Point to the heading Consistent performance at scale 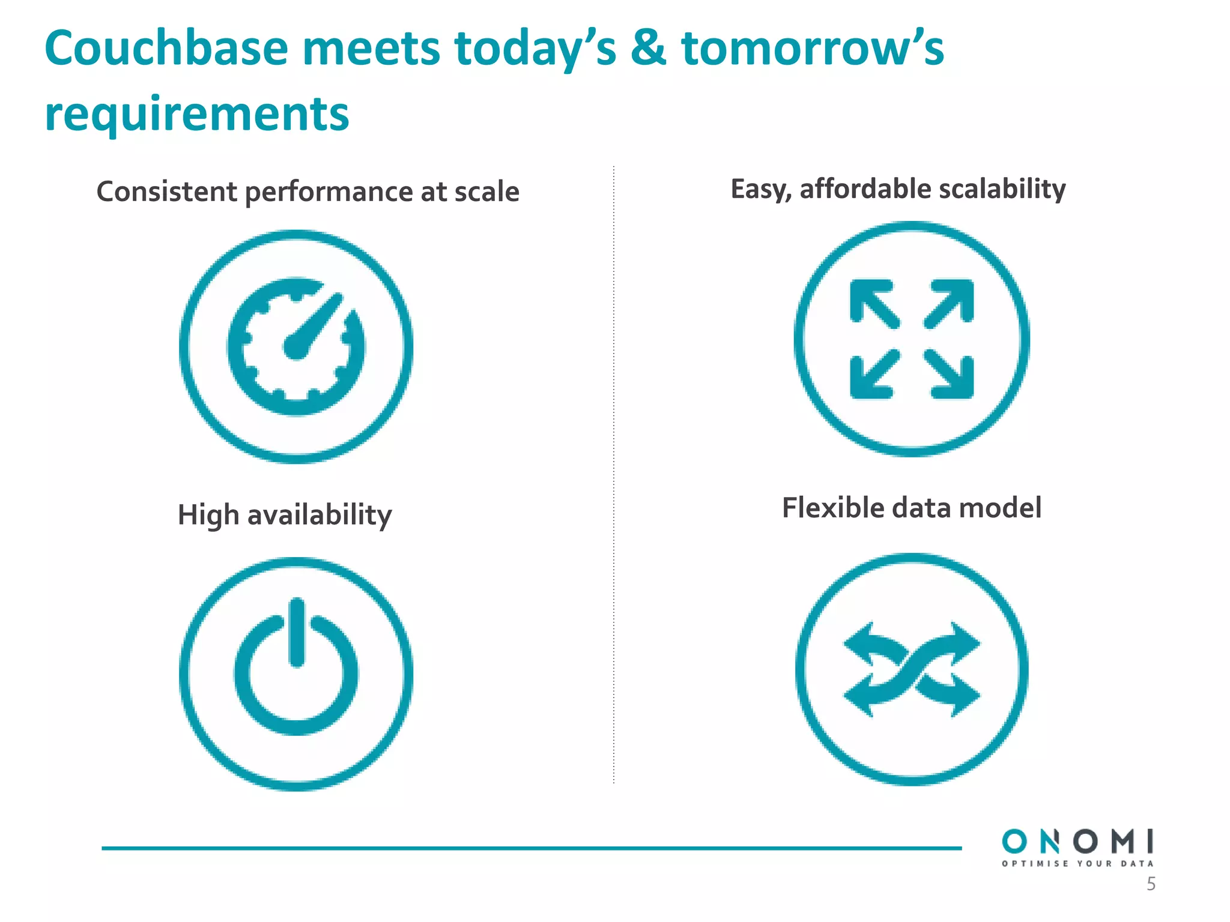307,192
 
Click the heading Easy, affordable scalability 898,189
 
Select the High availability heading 285,515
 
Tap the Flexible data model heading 911,508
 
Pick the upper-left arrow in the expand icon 874,303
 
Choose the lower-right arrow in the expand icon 951,375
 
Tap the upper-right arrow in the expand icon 951,303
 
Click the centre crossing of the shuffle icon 912,670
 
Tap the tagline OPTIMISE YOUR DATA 1077,864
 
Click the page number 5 1151,884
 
